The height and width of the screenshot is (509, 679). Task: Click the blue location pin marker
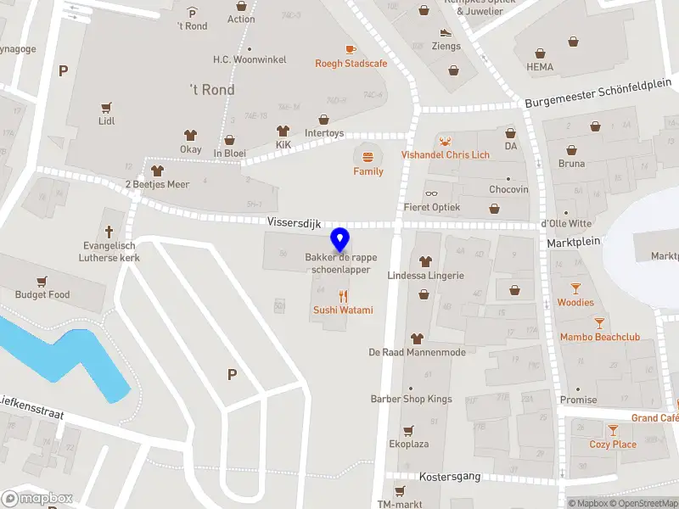[340, 240]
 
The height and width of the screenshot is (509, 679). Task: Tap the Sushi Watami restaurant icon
[344, 296]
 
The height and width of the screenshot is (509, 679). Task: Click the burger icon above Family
[368, 157]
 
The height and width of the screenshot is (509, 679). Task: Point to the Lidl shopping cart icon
[106, 108]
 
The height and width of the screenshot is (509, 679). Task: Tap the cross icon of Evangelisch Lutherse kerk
[109, 231]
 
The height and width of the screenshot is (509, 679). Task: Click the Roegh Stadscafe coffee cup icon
[351, 49]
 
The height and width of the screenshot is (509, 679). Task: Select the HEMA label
[539, 67]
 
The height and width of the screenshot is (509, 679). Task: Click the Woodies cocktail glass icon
[575, 288]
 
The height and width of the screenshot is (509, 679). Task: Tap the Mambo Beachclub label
[599, 337]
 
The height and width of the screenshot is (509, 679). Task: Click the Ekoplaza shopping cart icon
[407, 430]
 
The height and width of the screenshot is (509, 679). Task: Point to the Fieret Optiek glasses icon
[432, 193]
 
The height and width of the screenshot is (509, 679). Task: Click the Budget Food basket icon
[42, 281]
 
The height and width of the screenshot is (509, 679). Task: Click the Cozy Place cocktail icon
[613, 431]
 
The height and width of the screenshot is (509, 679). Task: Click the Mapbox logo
[36, 499]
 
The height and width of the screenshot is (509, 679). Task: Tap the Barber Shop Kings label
[411, 399]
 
